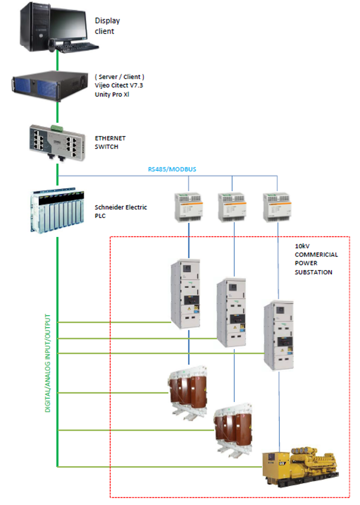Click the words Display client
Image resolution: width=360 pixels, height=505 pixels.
tap(107, 26)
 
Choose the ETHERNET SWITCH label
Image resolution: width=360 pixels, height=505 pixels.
tap(110, 143)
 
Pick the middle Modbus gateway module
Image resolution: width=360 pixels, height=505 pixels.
tap(231, 205)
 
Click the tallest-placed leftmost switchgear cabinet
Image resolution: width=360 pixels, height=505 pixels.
tap(186, 293)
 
